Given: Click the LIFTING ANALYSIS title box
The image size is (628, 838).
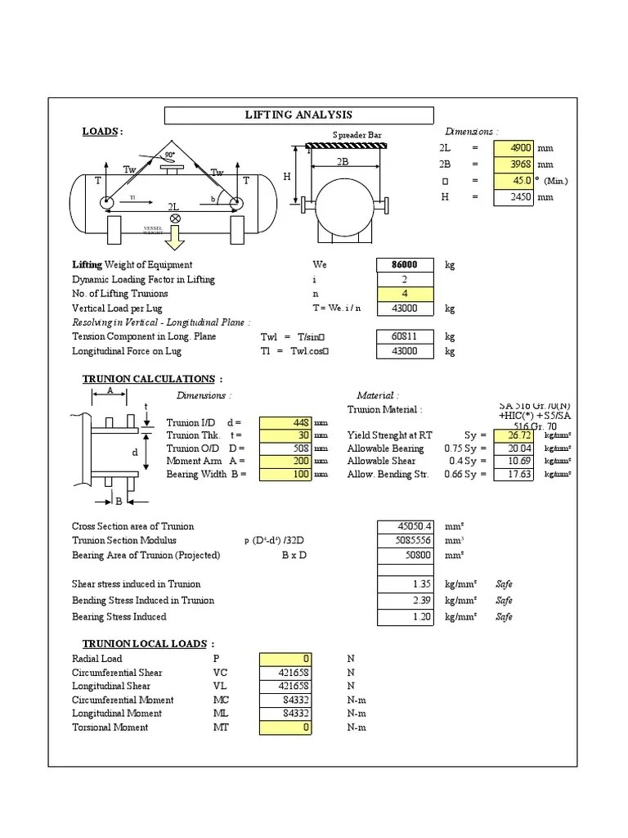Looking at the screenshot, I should point(298,115).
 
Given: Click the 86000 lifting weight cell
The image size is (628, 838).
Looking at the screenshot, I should point(404,265).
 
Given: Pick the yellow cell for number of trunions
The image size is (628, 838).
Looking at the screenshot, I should point(404,294).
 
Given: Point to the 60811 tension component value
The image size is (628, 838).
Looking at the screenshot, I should point(404,336).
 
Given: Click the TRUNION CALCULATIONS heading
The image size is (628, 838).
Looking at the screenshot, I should point(151,379).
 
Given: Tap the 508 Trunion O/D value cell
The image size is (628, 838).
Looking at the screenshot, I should point(285,448).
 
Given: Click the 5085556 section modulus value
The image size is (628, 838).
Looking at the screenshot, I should point(404,541).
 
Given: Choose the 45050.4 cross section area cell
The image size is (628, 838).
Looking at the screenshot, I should point(404,526).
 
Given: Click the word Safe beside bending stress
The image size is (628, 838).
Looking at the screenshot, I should point(505,601).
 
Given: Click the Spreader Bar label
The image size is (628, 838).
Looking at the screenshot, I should point(357,135).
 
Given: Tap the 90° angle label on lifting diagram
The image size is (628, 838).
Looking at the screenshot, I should point(170,154).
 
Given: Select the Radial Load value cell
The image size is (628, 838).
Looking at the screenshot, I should point(285,659).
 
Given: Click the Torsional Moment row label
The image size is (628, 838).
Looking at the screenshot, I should point(110,727).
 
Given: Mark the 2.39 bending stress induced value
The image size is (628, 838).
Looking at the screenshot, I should point(404,601).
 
